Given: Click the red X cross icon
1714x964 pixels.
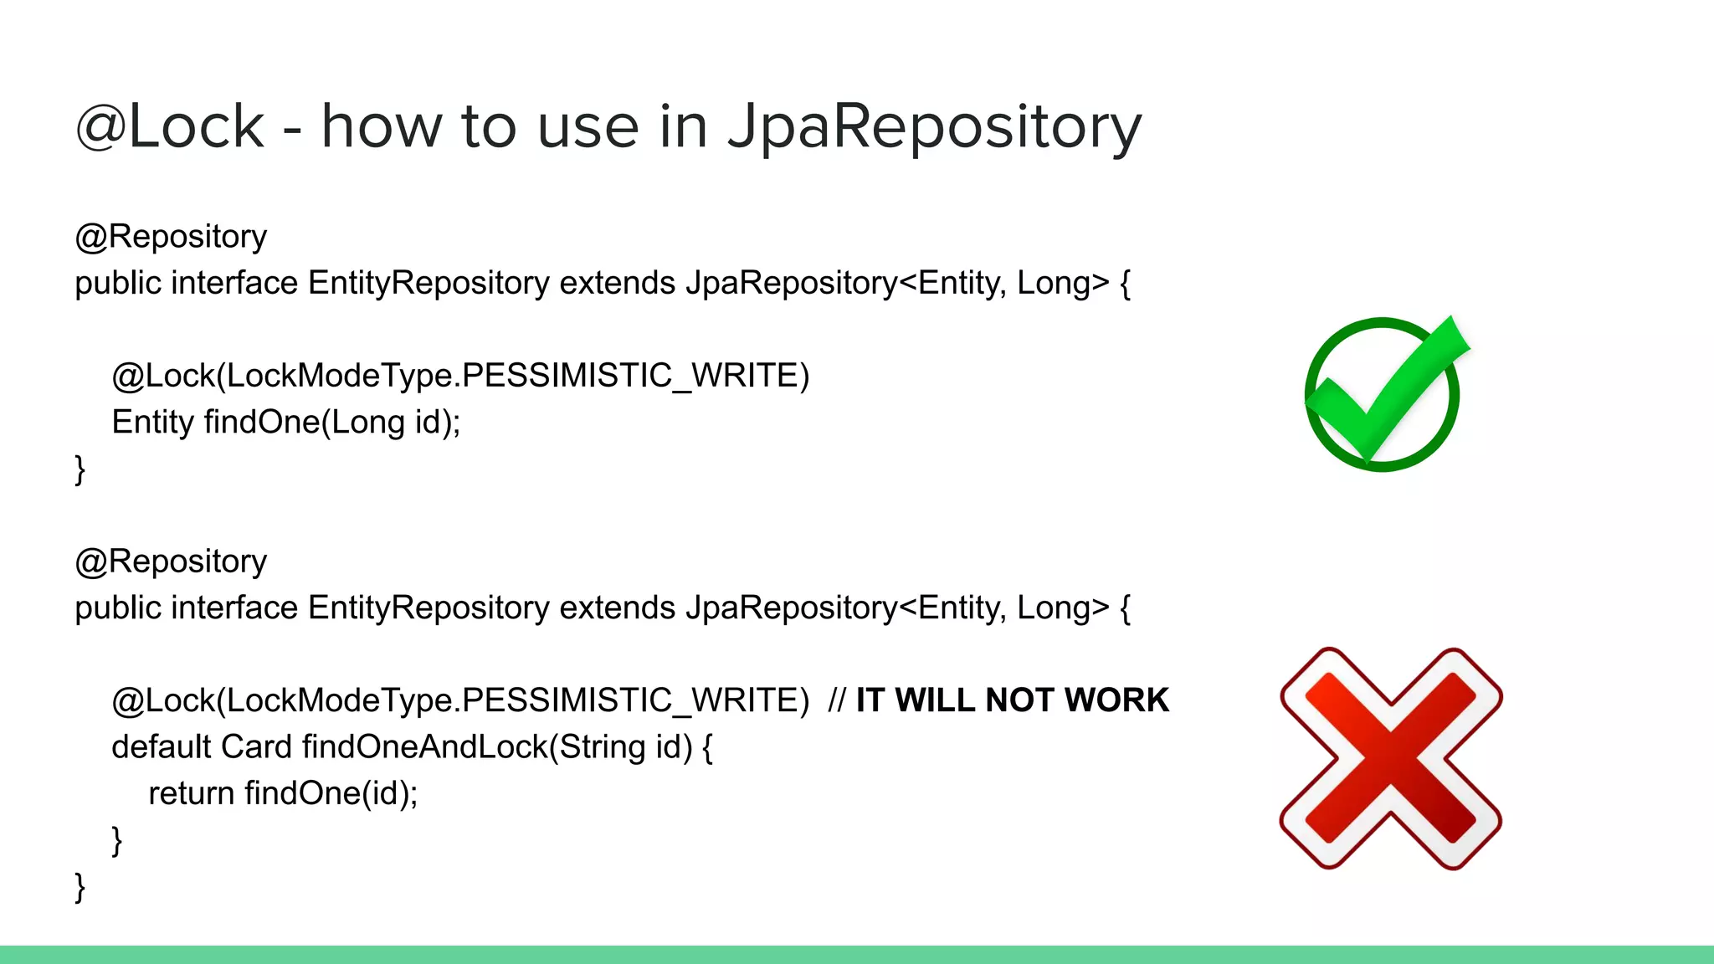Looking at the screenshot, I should pyautogui.click(x=1391, y=758).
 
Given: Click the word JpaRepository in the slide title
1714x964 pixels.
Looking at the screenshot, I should pyautogui.click(x=934, y=127).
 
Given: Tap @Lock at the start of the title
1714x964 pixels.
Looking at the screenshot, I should pyautogui.click(x=170, y=127).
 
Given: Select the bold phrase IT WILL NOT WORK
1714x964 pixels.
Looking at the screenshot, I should pyautogui.click(x=1012, y=700).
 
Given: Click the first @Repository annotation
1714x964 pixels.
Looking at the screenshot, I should pyautogui.click(x=171, y=237).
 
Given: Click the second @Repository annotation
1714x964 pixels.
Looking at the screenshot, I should pyautogui.click(x=171, y=561).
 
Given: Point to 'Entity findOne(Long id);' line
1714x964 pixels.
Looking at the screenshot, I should pyautogui.click(x=285, y=422).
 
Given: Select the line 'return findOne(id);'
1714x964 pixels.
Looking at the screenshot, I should pyautogui.click(x=283, y=793).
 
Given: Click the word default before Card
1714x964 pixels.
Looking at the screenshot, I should pyautogui.click(x=161, y=746).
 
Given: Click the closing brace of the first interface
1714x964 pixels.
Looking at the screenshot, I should pyautogui.click(x=80, y=469).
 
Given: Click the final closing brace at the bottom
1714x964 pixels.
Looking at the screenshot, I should pyautogui.click(x=80, y=886).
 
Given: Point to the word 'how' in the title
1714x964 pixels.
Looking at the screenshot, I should pyautogui.click(x=382, y=127).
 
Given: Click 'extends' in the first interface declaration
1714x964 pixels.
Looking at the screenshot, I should pyautogui.click(x=617, y=283).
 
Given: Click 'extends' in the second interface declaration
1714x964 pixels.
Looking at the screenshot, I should pyautogui.click(x=617, y=608).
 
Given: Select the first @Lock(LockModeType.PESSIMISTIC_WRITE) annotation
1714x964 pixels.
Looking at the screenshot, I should pyautogui.click(x=460, y=376).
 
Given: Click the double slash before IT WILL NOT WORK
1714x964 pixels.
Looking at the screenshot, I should pyautogui.click(x=836, y=700).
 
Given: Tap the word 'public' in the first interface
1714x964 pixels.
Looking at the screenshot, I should pyautogui.click(x=118, y=283).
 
